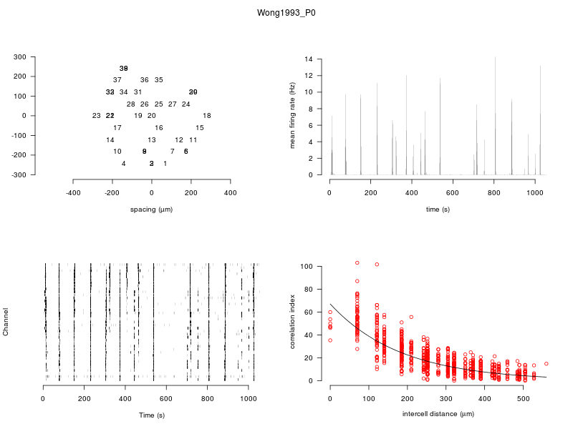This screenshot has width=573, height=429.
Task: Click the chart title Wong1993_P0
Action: click(x=286, y=13)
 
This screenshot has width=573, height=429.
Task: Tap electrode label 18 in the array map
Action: click(x=207, y=116)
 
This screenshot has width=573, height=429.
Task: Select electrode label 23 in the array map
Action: click(x=97, y=116)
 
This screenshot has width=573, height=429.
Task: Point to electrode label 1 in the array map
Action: click(x=165, y=164)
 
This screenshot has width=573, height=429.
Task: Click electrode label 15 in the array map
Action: click(x=200, y=128)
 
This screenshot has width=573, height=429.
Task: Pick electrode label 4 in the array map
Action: click(x=124, y=164)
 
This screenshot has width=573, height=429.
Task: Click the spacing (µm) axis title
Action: click(x=151, y=209)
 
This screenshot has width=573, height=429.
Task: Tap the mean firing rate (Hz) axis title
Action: click(x=292, y=116)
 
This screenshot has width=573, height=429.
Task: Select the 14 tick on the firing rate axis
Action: click(x=309, y=59)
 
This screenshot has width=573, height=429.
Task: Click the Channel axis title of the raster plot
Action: click(x=6, y=322)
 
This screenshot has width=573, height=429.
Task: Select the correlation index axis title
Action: click(x=292, y=322)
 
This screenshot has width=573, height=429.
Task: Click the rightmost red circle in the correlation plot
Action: click(x=546, y=363)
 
